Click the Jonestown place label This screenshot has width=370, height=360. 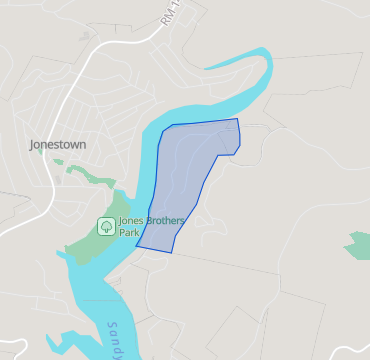(x=58, y=144)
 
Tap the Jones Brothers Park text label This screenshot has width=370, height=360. (x=145, y=227)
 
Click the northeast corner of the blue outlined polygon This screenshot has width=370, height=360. (x=238, y=119)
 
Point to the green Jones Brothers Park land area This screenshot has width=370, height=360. (x=85, y=245)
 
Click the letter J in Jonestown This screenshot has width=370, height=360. (x=33, y=144)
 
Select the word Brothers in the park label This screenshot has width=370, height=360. (x=162, y=221)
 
